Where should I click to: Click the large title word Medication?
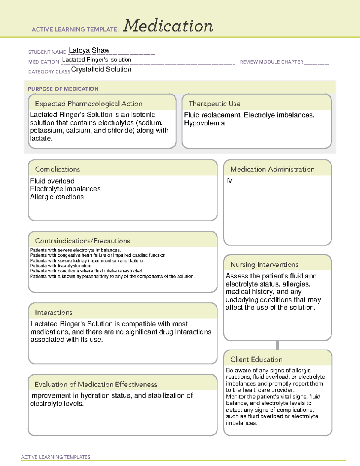168,26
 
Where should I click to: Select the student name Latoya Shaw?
89,50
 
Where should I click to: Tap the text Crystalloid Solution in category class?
101,69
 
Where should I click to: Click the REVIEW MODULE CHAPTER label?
271,62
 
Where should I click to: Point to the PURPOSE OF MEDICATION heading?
63,89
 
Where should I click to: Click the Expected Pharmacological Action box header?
88,104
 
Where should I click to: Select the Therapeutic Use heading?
214,104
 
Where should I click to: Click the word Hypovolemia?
204,123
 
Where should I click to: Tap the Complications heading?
57,169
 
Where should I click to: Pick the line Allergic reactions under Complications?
57,197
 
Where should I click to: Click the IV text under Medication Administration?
229,181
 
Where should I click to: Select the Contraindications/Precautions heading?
82,241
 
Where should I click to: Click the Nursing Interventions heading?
264,265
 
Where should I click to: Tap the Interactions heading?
53,312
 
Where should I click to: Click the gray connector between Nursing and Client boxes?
277,345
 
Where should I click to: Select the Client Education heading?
256,359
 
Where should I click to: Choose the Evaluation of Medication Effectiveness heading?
96,384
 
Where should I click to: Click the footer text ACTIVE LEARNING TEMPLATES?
55,457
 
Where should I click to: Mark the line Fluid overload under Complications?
52,181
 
